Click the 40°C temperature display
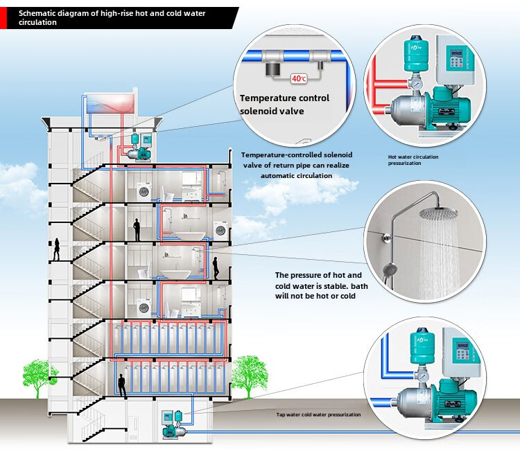tap(300, 79)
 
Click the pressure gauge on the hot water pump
tap(417, 85)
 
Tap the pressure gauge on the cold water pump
tap(420, 378)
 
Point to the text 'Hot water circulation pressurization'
tap(413, 160)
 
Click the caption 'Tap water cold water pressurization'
tap(319, 414)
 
